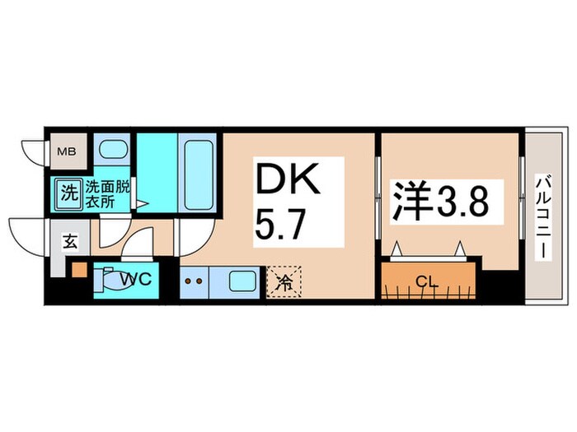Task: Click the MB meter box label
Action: (63, 152)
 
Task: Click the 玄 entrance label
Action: (70, 242)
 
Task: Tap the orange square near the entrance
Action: (78, 269)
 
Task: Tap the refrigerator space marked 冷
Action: (283, 281)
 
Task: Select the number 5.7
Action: (278, 223)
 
